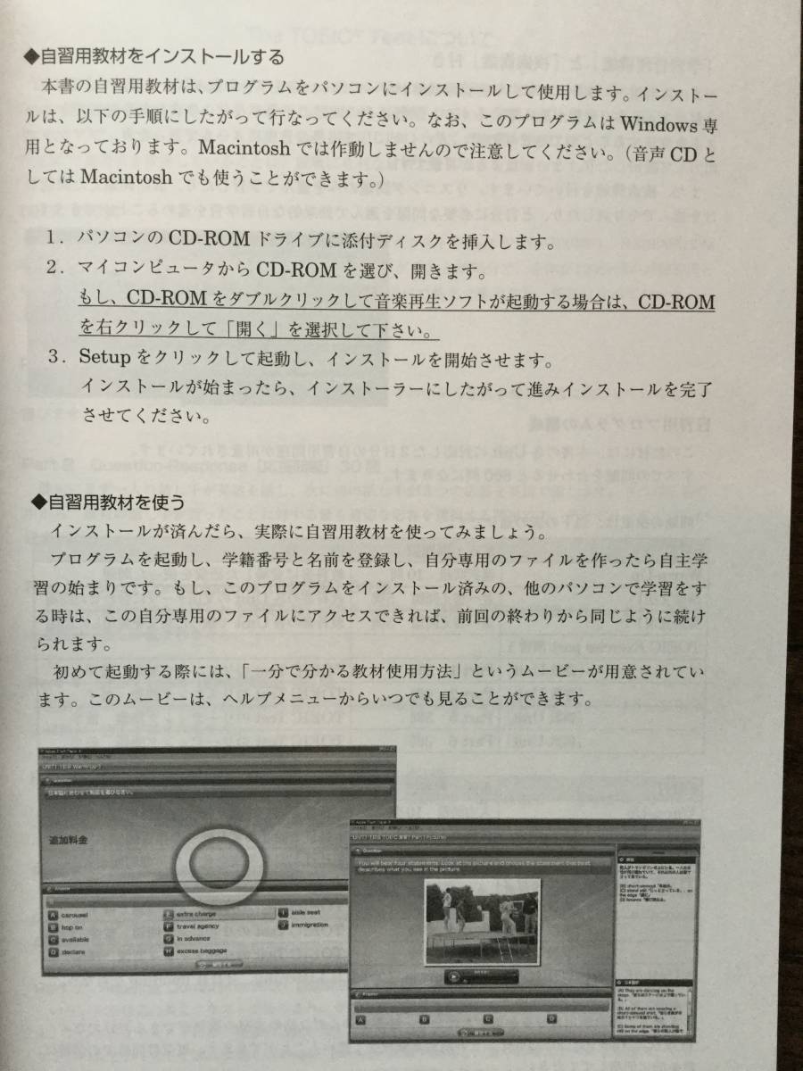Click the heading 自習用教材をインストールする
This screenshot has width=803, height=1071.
157,59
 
